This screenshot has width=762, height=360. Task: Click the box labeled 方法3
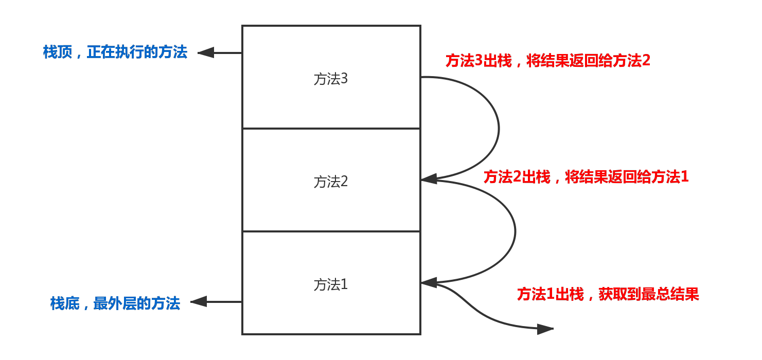point(331,103)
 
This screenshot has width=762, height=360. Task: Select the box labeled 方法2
point(331,206)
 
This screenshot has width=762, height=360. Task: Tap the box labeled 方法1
point(331,309)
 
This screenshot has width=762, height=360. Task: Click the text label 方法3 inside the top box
point(331,79)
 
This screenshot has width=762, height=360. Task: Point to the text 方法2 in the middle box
point(331,182)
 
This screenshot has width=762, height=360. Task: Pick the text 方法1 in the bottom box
point(331,284)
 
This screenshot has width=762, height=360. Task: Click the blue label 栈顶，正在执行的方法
point(115,52)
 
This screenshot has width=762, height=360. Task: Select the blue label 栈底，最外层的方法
point(115,303)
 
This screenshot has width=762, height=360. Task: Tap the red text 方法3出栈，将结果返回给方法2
point(548,61)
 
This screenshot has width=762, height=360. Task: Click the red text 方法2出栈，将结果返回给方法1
point(586,177)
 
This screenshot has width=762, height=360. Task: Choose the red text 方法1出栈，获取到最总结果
point(608,294)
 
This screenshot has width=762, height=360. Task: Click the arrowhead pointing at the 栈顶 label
point(205,52)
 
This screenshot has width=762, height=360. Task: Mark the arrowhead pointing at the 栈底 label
point(199,302)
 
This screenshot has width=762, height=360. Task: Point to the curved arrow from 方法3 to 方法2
point(499,129)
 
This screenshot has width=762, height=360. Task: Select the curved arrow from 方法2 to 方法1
point(515,231)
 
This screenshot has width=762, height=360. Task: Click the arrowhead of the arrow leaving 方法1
point(545,329)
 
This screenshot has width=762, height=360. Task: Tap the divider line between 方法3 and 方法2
point(331,129)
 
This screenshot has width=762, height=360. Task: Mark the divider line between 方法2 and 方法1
point(331,231)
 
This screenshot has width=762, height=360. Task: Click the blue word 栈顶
point(58,52)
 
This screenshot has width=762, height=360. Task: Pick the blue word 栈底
point(64,303)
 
